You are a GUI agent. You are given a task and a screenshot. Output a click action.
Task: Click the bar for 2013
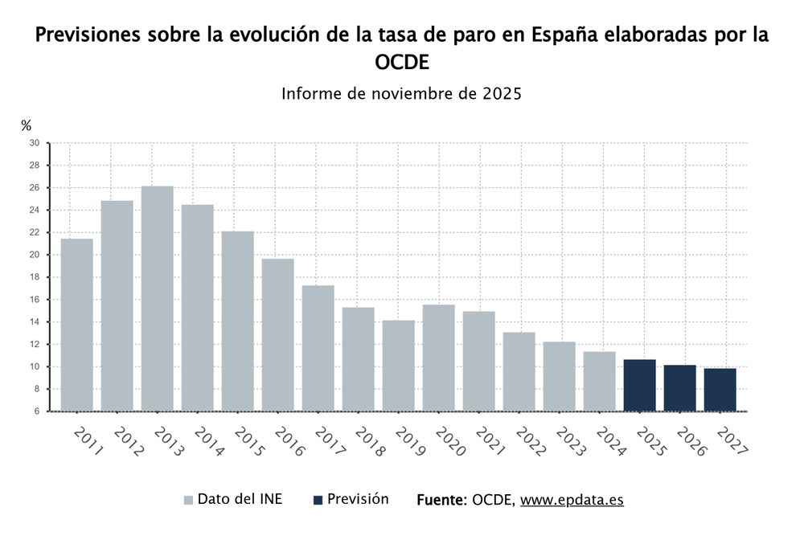tap(157, 298)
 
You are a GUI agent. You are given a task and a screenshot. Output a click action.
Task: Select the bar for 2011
tap(76, 325)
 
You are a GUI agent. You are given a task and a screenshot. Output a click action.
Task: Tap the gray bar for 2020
tap(438, 358)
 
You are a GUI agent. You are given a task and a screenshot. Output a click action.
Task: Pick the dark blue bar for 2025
tap(639, 385)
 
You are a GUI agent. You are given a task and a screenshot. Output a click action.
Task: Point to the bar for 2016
tap(277, 334)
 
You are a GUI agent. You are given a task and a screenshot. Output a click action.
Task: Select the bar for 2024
tap(599, 381)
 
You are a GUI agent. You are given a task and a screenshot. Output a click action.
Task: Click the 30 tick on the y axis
tap(34, 143)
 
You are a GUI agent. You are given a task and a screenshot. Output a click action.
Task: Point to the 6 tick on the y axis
tap(36, 411)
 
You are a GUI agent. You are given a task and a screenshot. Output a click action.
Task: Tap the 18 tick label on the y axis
tap(34, 277)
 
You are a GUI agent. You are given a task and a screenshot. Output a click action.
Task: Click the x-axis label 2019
tap(408, 442)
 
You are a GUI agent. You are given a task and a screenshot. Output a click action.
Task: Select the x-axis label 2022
tap(529, 442)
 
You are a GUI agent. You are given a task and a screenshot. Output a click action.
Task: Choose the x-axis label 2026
tap(690, 442)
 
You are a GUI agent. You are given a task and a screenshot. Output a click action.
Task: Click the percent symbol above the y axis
tap(27, 125)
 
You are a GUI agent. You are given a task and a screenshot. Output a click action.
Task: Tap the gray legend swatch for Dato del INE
tap(188, 500)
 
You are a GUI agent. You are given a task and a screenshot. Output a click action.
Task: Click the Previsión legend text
tap(358, 499)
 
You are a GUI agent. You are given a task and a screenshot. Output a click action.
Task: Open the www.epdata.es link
tap(572, 500)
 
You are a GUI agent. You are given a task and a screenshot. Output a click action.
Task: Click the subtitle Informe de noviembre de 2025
tap(402, 93)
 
